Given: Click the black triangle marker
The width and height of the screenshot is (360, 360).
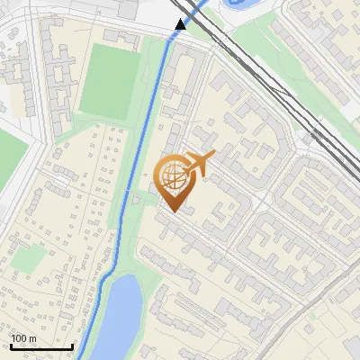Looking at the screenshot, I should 181,24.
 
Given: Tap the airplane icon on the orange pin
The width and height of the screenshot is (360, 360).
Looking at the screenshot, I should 200,162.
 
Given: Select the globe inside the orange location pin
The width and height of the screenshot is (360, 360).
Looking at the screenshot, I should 172,176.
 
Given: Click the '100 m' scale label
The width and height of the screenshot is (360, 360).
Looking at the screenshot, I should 23,338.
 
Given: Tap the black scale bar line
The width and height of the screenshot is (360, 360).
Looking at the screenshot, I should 40,346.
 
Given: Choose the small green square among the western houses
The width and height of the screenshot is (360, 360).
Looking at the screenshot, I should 30,257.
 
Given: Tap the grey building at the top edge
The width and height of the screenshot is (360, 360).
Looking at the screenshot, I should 129,9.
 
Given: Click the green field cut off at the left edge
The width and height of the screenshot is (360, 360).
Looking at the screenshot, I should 11,153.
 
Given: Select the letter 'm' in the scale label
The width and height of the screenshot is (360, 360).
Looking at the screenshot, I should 32,338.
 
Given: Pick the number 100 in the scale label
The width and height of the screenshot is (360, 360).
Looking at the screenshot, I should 18,338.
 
